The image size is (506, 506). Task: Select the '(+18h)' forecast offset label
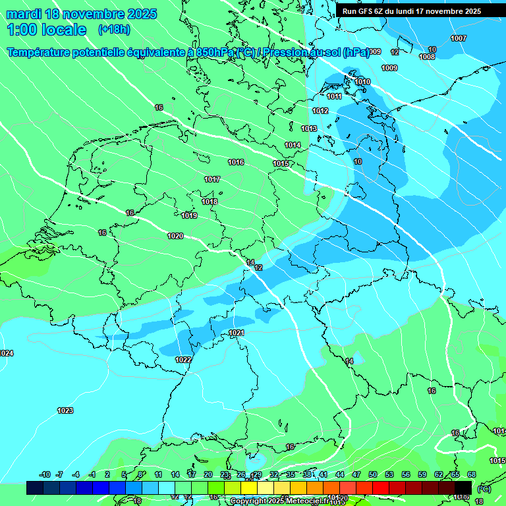(x=114, y=30)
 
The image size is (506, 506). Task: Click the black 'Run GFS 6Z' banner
(x=412, y=11)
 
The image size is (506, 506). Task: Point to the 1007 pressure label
(x=459, y=38)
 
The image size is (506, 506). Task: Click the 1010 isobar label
(x=362, y=82)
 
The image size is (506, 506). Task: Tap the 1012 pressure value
(x=320, y=111)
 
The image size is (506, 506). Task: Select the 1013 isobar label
(x=309, y=128)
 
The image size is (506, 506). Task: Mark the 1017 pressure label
(x=212, y=179)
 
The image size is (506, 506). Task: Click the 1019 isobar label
(x=189, y=215)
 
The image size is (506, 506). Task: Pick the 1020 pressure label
(x=175, y=236)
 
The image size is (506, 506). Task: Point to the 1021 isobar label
(x=237, y=333)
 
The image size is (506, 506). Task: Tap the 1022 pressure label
(x=183, y=360)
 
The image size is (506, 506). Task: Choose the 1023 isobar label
(x=65, y=410)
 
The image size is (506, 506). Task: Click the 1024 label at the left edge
(x=6, y=354)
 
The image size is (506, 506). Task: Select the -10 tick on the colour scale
(x=45, y=474)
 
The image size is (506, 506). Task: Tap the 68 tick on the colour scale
(x=472, y=474)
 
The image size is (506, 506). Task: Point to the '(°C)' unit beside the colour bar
(x=484, y=488)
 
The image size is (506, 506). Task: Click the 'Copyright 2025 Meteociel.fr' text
(x=279, y=501)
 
